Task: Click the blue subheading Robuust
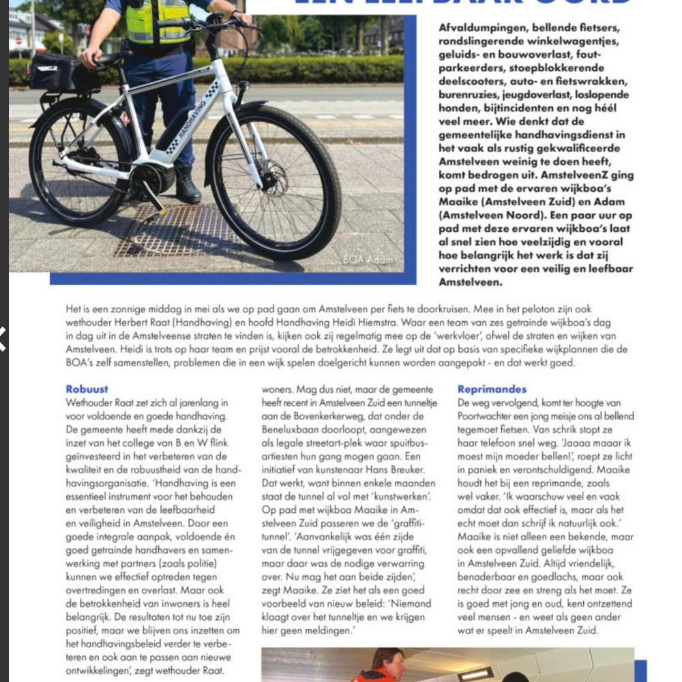[87, 389]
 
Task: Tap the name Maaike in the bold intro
[458, 202]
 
